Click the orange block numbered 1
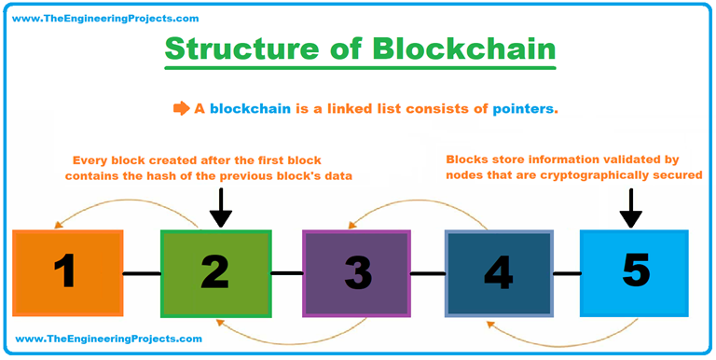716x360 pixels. [67, 273]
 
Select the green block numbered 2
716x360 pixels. [215, 272]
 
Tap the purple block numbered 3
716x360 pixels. [356, 272]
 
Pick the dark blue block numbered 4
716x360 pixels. [499, 272]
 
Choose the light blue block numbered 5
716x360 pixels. [634, 271]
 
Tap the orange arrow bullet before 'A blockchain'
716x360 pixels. [181, 108]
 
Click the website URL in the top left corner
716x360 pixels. [108, 18]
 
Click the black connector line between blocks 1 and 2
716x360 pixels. [142, 273]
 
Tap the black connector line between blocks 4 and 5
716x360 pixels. [567, 273]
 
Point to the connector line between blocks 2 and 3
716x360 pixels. [286, 273]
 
